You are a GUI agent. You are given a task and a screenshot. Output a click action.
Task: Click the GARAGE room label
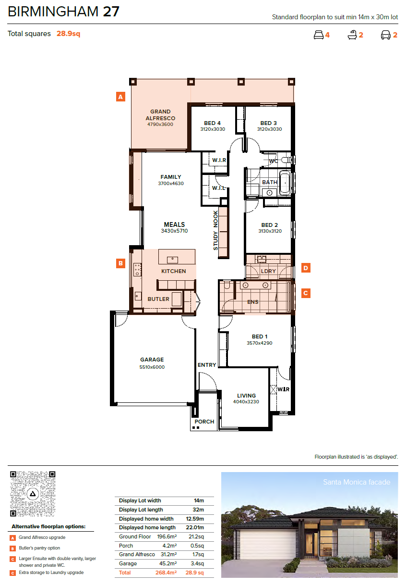click(152, 360)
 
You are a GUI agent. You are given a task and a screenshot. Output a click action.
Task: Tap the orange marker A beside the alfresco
click(120, 97)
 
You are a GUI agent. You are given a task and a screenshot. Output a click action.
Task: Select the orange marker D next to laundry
click(306, 268)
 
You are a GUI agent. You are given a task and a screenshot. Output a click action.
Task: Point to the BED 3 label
click(268, 123)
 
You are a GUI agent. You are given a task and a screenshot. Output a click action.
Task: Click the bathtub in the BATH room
click(285, 183)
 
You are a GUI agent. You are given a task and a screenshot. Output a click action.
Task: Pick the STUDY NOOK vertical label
click(215, 230)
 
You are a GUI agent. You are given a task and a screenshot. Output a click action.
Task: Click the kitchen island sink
click(172, 260)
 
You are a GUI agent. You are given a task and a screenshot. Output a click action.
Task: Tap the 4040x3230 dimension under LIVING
click(246, 401)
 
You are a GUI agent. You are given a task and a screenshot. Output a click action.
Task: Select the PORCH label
click(204, 422)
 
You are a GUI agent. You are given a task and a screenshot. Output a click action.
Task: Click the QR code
click(33, 494)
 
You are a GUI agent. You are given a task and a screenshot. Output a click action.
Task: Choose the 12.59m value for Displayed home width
click(195, 519)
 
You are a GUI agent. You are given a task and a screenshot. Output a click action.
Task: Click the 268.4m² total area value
click(166, 573)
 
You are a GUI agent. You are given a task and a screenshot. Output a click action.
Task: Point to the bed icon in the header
click(319, 35)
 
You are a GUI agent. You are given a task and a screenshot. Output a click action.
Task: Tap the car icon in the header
click(385, 35)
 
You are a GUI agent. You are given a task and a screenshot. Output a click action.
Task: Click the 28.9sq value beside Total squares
click(69, 34)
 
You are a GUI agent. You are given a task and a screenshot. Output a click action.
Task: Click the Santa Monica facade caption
click(357, 482)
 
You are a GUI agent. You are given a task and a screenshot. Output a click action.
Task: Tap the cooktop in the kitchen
click(138, 270)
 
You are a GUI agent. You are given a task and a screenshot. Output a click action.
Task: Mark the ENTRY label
click(207, 365)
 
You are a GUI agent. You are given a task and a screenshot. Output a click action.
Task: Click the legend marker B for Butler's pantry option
click(12, 549)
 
